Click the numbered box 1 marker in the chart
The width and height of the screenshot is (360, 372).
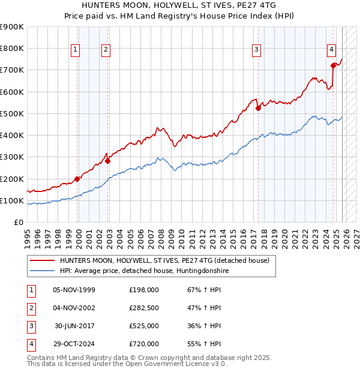[76, 50]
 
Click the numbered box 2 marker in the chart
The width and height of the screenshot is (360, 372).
[106, 50]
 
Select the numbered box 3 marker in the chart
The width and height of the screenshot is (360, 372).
[256, 50]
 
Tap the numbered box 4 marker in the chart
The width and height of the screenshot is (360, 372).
[331, 50]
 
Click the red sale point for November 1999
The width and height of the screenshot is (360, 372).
[77, 179]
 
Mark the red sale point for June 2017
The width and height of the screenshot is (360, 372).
[258, 109]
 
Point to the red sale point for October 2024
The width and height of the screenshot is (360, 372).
[333, 66]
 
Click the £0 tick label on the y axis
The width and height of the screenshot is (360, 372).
[18, 222]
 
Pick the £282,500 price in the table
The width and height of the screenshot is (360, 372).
[144, 308]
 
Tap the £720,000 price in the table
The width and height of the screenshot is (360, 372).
[144, 344]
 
